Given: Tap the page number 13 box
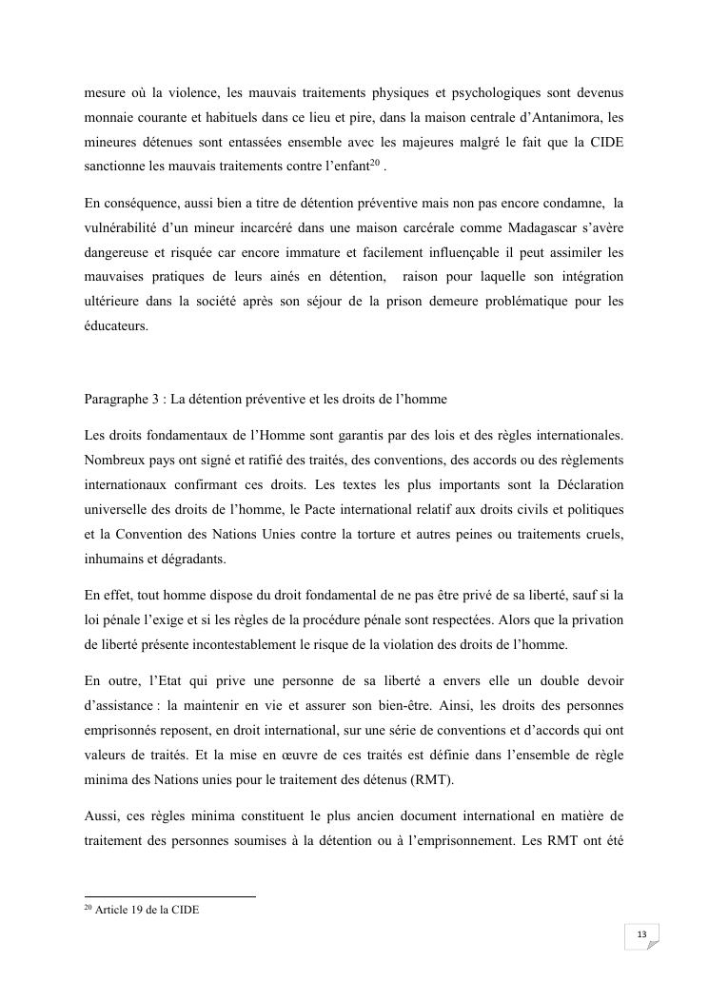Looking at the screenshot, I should pos(641,935).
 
